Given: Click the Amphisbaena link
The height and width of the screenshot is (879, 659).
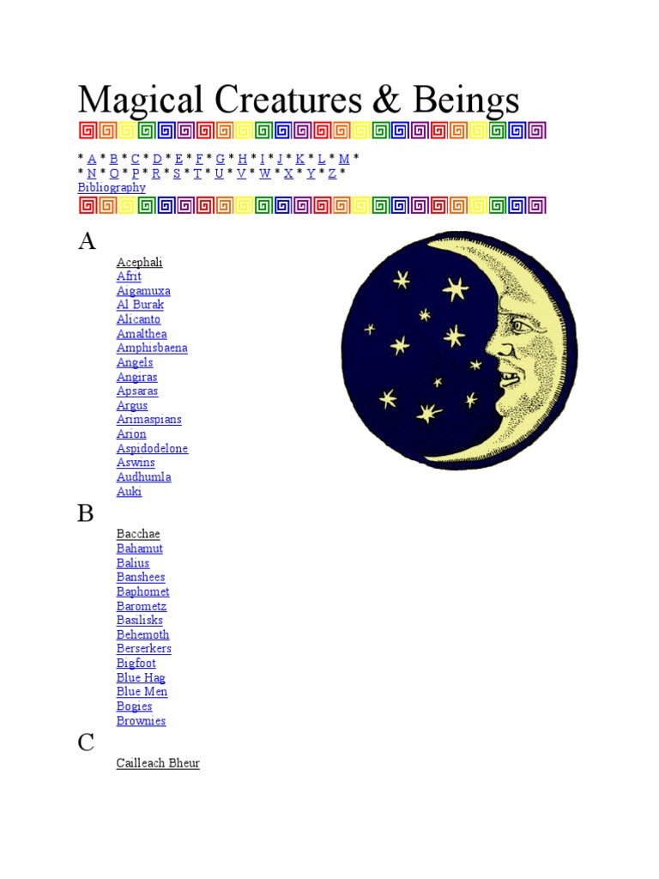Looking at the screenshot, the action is pos(152,349).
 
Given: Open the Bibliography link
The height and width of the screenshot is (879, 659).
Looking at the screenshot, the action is pos(112,188).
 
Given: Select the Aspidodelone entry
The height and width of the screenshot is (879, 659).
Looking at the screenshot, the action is pos(153,448).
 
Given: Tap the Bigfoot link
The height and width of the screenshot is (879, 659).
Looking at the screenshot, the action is pos(136,664).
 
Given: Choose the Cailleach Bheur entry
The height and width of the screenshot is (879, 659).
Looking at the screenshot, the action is pos(158,763).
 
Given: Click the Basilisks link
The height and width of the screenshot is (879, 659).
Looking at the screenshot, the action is pos(140,620).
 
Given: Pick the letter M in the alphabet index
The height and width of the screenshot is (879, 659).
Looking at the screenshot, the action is pos(344,159).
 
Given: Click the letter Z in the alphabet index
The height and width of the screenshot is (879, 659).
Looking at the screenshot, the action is pos(332,173).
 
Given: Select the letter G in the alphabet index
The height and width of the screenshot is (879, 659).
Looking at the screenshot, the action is pos(221,159).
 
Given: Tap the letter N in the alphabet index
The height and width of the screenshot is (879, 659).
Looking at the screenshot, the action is pos(92,173).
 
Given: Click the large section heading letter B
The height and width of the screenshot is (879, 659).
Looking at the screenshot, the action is pos(86,513).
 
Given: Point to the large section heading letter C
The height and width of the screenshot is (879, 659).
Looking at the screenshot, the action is pos(86,743).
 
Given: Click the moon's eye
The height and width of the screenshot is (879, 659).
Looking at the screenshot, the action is pos(520,325).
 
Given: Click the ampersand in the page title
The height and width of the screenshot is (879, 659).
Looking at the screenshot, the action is pos(387,100).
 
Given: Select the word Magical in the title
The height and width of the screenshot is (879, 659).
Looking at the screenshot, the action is pos(141,101).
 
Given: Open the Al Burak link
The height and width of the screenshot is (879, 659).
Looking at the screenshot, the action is pos(140,305).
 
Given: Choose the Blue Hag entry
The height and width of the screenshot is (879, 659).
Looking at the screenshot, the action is pos(141,678).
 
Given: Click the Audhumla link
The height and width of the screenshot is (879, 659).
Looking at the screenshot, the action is pos(144,477).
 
